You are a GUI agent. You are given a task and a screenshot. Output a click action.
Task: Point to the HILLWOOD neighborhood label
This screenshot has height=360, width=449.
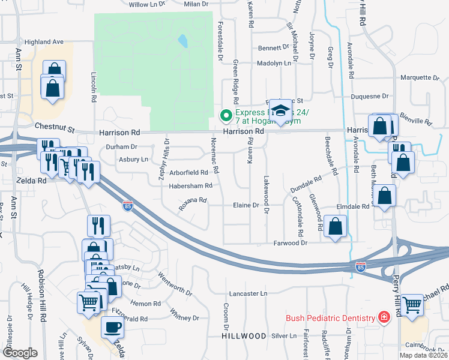pyautogui.click(x=243, y=336)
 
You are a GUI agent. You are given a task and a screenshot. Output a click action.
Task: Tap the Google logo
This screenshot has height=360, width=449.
pyautogui.click(x=20, y=353)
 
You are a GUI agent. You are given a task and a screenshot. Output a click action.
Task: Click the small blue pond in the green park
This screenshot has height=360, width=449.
pyautogui.click(x=182, y=41)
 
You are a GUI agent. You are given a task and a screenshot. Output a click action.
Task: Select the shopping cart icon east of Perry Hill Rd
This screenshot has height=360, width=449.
pyautogui.click(x=412, y=305)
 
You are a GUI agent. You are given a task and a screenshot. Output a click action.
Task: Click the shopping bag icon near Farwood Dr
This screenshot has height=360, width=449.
pyautogui.click(x=336, y=226)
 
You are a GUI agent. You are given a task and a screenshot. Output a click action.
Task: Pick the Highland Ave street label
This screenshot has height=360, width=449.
pyautogui.click(x=43, y=42)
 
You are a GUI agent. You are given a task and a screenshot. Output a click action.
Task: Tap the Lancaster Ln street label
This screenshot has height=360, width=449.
pyautogui.click(x=248, y=294)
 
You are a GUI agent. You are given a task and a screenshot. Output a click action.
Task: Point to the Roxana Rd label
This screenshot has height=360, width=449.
pyautogui.click(x=192, y=204)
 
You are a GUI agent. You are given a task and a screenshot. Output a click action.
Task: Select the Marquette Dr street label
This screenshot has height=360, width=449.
pyautogui.click(x=420, y=77)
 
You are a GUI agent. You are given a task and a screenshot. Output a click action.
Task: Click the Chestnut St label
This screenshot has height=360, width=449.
pyautogui.click(x=54, y=127)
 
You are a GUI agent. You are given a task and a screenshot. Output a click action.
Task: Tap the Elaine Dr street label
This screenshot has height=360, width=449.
pyautogui.click(x=246, y=205)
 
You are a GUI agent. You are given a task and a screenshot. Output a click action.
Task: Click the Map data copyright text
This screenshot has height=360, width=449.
pyautogui.click(x=423, y=356)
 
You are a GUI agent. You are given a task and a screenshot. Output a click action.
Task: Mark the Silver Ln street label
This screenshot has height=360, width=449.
pyautogui.click(x=284, y=336)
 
